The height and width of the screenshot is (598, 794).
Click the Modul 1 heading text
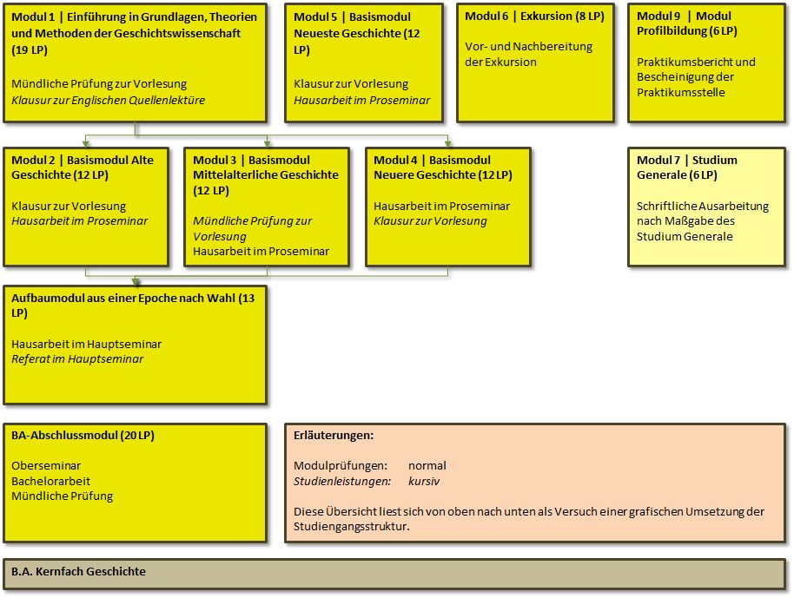134,33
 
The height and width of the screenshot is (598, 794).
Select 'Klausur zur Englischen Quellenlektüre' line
109,100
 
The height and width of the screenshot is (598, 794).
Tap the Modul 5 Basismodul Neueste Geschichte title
357,33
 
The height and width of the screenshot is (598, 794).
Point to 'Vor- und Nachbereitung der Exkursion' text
529,54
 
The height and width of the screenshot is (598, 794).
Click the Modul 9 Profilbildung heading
686,23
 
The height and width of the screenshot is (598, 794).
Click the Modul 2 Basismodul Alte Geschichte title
83,168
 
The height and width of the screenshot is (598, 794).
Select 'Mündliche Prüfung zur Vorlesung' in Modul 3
252,228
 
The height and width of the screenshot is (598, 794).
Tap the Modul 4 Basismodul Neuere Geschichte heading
443,168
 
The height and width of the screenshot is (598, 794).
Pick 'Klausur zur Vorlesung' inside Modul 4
430,221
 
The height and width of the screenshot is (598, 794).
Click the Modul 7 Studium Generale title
687,168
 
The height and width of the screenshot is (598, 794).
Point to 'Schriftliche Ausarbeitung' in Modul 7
703,207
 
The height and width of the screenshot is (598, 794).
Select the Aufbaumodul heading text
133,305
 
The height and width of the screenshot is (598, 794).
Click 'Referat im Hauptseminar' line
77,359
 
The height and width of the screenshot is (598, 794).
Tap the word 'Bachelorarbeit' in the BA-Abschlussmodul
50,481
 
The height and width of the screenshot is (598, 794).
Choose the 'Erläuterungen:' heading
334,435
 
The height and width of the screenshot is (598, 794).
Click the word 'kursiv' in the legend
424,481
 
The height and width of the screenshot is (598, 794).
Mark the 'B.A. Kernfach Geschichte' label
78,571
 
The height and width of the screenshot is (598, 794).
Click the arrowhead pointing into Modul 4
447,144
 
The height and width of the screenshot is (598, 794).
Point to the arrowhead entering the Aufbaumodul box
136,282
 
